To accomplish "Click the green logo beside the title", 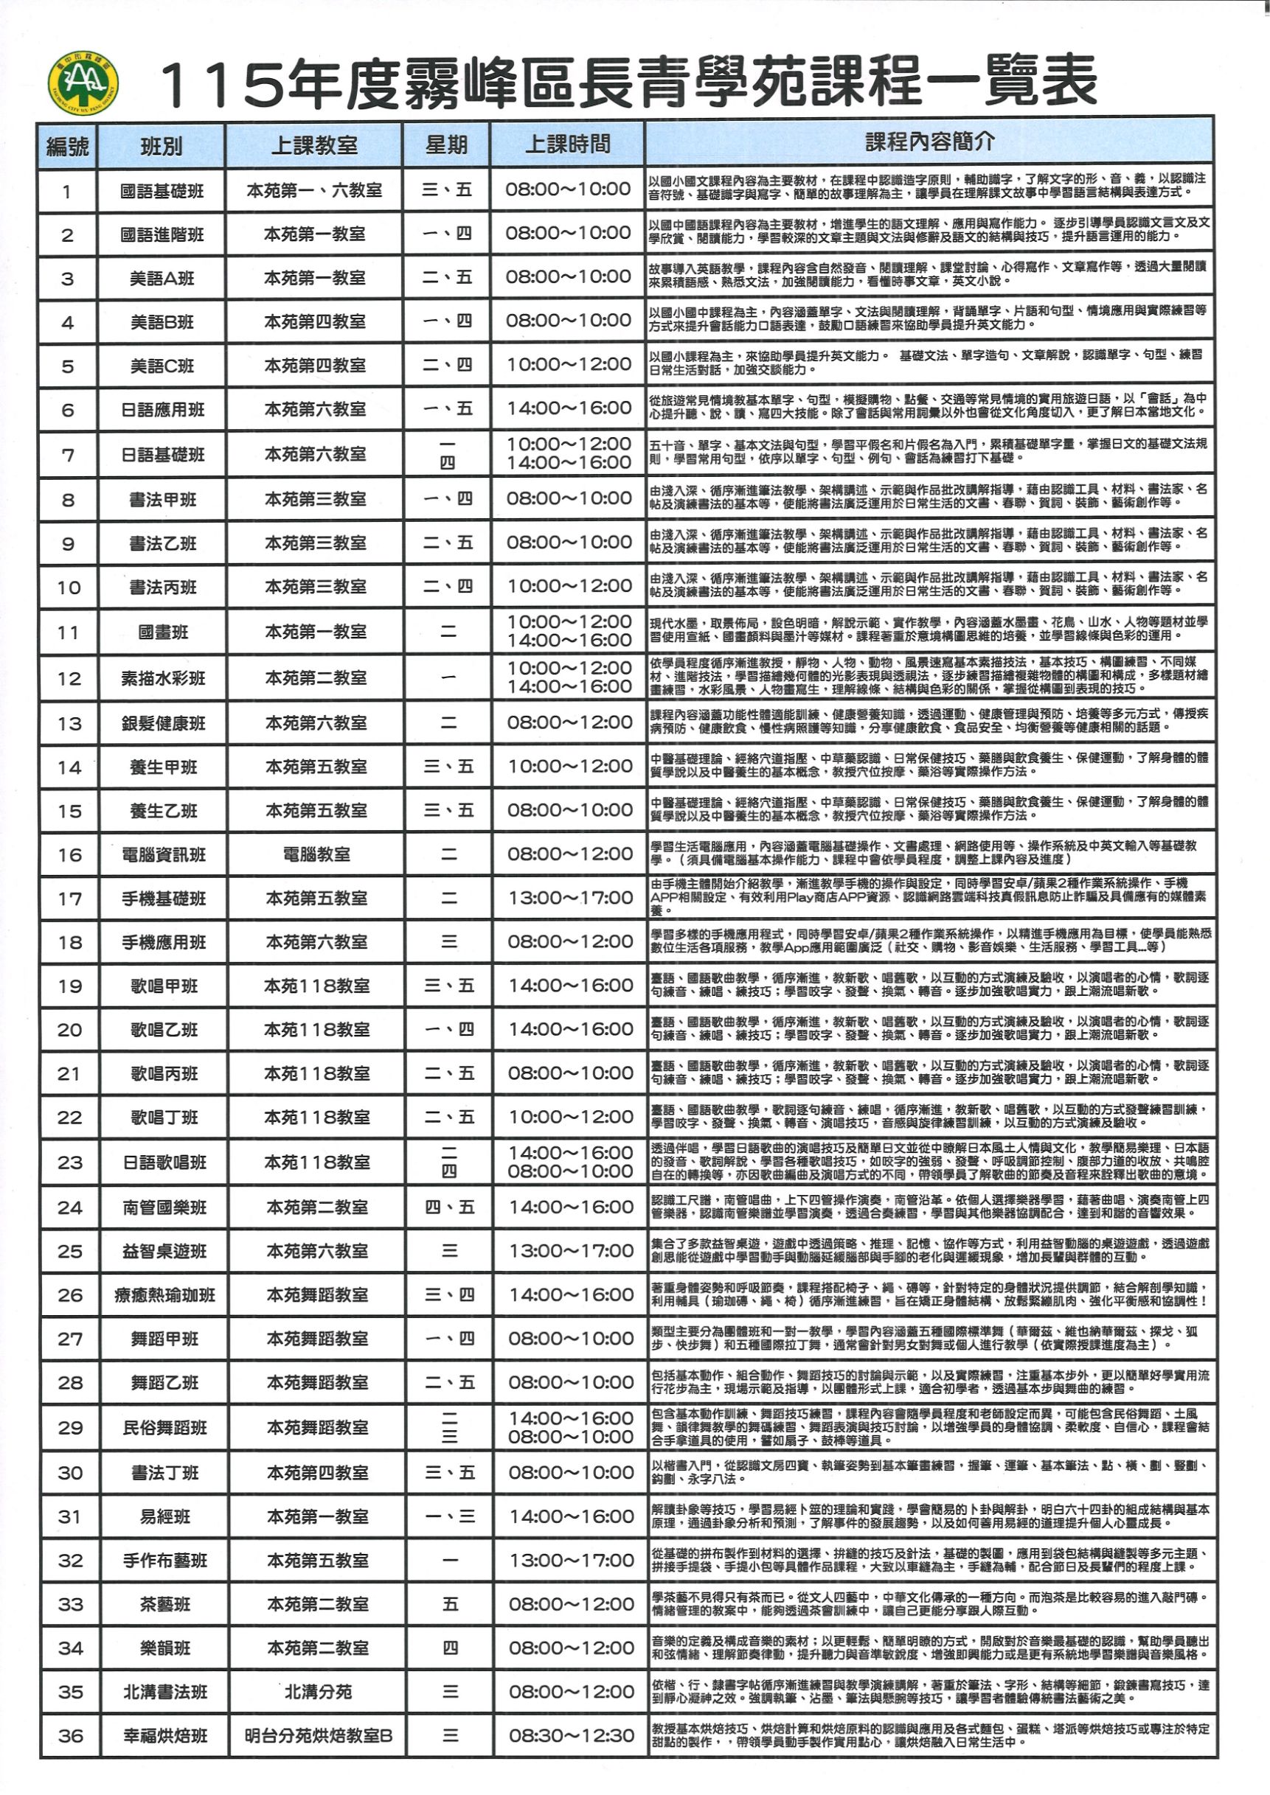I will coord(82,83).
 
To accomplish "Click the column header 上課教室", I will coord(313,146).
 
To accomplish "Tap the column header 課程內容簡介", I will coord(929,142).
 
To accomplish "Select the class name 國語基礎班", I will coord(162,192).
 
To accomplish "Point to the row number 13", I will coord(69,724).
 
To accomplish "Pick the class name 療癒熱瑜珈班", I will coord(164,1296).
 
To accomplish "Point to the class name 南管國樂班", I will coord(164,1209).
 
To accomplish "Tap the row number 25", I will coord(69,1252).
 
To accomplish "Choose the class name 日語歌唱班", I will coord(164,1163).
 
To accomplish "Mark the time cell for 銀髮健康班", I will coord(570,722).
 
